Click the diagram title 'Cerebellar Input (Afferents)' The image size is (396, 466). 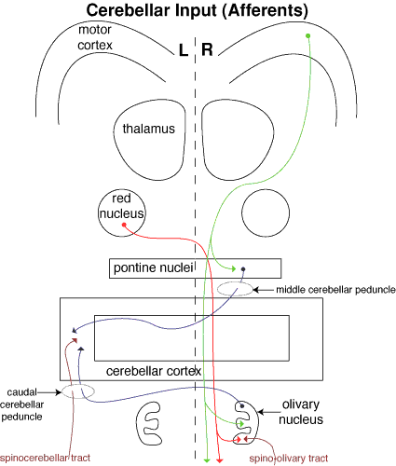coord(198,11)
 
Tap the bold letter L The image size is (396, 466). coord(184,49)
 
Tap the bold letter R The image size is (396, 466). coord(207,49)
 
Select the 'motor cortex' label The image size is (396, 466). coord(95,37)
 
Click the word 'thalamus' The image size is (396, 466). coord(149,129)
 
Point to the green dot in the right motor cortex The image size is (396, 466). coord(308,35)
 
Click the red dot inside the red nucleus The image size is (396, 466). coord(124,225)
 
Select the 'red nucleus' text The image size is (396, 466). coord(121,206)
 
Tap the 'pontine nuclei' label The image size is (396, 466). coord(154,267)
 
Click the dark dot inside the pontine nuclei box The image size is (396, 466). coord(243,269)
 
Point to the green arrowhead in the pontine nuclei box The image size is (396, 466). coord(233,268)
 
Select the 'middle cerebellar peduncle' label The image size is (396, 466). coord(335,290)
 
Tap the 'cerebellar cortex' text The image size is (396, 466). coord(154,371)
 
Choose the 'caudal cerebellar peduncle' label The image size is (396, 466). coord(21,404)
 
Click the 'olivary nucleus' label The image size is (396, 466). coord(301,412)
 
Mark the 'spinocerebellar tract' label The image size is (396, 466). coord(45,458)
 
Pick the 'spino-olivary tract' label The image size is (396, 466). coord(289,459)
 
